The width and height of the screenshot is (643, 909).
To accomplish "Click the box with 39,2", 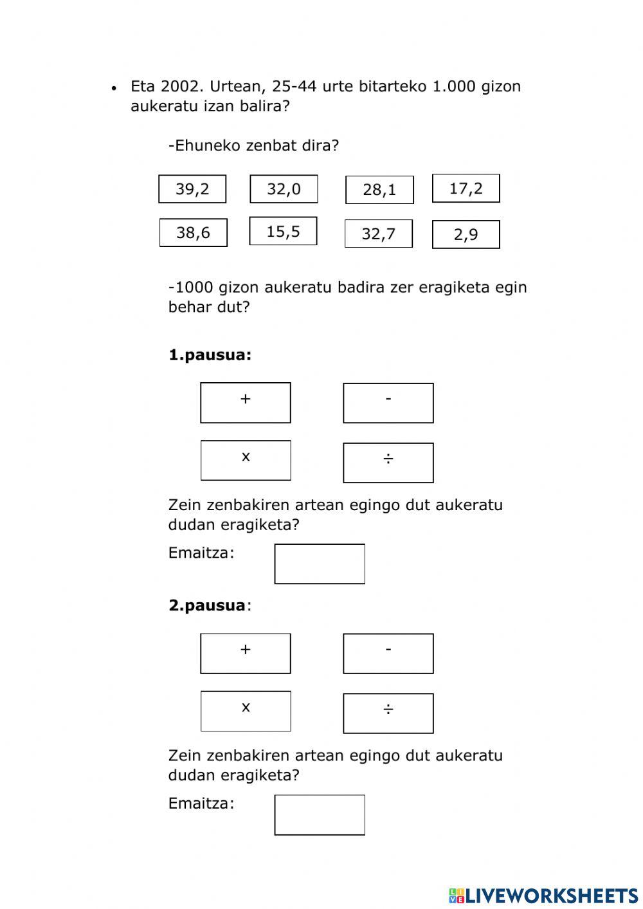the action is click(192, 189).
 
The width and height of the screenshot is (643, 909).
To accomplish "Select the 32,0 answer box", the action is click(284, 189).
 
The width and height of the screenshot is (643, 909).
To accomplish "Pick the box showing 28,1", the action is click(379, 190).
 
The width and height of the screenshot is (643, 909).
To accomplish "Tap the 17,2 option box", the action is click(466, 188).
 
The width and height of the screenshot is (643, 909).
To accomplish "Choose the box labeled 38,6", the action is click(193, 232).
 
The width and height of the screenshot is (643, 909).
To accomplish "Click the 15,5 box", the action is click(283, 231).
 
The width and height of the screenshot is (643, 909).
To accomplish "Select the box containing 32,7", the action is click(378, 234).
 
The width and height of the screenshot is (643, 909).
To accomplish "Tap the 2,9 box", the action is click(466, 234).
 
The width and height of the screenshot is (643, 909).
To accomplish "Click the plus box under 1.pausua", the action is click(246, 403).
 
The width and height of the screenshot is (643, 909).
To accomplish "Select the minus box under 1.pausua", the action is click(388, 403).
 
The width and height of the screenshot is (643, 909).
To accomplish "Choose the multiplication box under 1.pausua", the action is click(246, 460).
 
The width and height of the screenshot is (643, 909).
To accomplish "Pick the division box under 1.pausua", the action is click(388, 463).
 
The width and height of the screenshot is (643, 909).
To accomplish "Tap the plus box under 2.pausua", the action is click(246, 654).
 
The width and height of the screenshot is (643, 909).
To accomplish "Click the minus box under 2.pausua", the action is click(388, 654).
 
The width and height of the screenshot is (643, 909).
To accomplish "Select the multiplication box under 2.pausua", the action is click(246, 711).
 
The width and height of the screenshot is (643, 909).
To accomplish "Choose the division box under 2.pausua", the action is click(388, 713).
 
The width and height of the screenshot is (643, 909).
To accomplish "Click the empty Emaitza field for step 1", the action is click(320, 564).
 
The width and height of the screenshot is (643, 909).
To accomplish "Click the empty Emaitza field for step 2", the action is click(320, 815).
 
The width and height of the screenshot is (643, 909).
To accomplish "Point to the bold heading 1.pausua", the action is click(210, 355).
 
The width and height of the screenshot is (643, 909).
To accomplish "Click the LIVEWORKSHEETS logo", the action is click(543, 895).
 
